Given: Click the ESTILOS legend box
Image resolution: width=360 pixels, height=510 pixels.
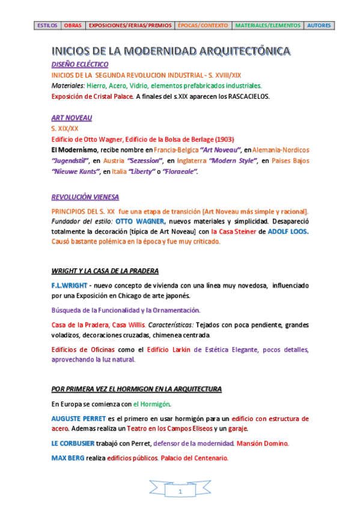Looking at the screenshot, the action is (47, 26).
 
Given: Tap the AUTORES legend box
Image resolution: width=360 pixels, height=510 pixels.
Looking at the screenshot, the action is (319, 26).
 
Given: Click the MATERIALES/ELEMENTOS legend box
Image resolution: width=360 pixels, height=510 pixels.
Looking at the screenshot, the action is (267, 26).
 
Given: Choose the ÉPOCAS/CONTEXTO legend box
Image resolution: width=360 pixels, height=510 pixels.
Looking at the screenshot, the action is (203, 26).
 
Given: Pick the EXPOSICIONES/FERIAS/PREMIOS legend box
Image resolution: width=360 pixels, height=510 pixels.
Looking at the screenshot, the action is (130, 26).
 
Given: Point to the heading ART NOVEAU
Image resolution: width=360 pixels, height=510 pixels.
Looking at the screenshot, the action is (72, 118).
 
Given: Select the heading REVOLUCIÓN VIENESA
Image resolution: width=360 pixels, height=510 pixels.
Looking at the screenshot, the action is (85, 197).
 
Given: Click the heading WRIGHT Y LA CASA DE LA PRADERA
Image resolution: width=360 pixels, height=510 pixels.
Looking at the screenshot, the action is (105, 271).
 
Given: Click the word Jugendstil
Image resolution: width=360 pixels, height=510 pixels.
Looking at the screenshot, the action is (70, 161).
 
